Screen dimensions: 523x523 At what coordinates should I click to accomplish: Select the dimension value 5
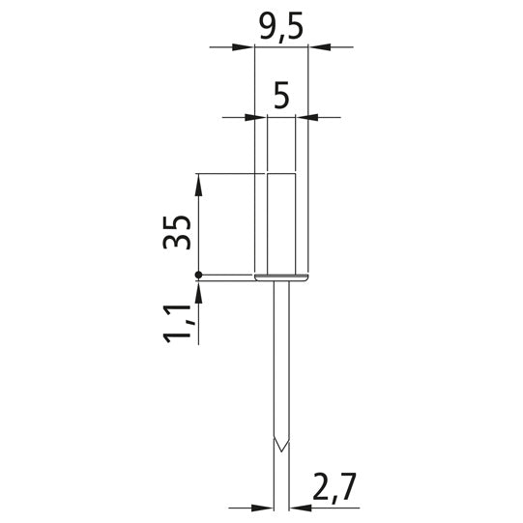[281, 96]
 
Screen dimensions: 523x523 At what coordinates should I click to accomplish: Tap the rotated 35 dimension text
[177, 232]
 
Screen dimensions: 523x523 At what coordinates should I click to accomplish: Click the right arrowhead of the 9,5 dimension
[319, 47]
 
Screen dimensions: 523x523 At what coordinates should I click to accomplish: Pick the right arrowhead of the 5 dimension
[306, 117]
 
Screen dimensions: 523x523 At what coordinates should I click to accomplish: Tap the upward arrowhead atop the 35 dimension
[198, 185]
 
